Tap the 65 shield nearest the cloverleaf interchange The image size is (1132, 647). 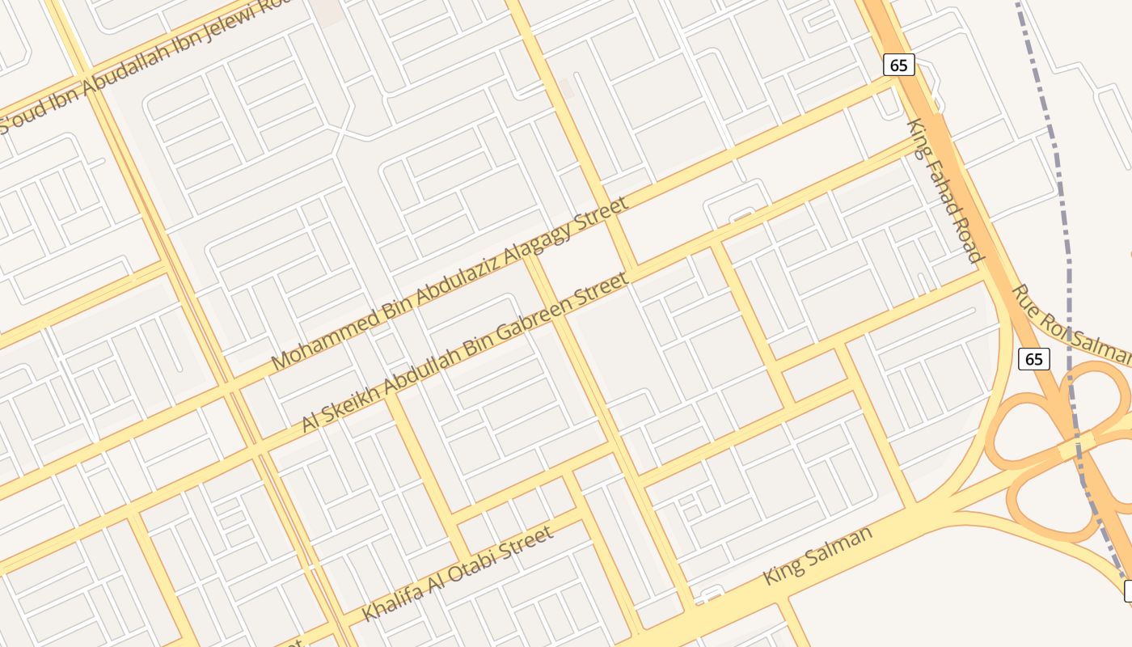pos(1034,358)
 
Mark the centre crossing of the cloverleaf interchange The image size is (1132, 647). pos(1069,447)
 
